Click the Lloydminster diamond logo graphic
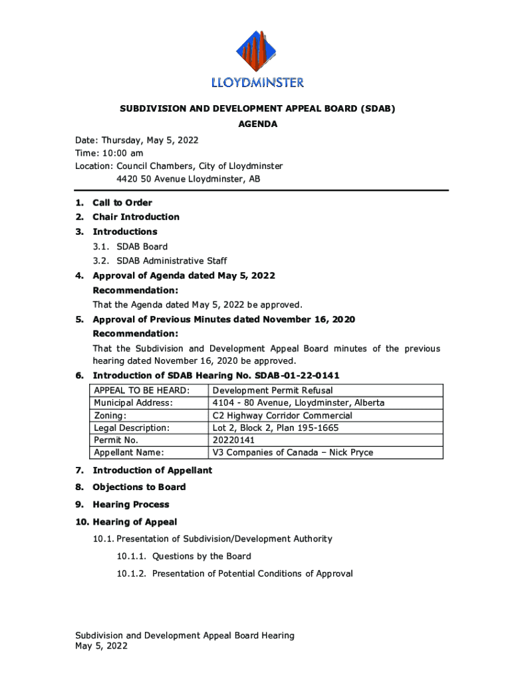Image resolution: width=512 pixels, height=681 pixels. pyautogui.click(x=257, y=52)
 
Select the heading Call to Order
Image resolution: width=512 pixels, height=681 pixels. pyautogui.click(x=122, y=203)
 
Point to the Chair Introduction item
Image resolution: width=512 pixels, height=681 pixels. pyautogui.click(x=136, y=217)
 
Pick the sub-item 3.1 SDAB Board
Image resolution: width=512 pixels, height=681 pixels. pyautogui.click(x=142, y=246)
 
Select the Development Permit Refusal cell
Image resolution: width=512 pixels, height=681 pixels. pyautogui.click(x=273, y=390)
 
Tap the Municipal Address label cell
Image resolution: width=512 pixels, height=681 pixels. pyautogui.click(x=133, y=403)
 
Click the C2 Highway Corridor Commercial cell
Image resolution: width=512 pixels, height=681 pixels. pyautogui.click(x=283, y=416)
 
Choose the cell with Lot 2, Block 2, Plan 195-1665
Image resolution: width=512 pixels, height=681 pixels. pyautogui.click(x=275, y=428)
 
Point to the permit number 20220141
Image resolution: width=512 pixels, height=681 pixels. pyautogui.click(x=233, y=440)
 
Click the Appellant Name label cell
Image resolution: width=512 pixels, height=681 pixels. pyautogui.click(x=129, y=453)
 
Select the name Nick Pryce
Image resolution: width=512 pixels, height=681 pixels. pyautogui.click(x=350, y=453)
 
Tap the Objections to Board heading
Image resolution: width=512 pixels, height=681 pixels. pyautogui.click(x=139, y=487)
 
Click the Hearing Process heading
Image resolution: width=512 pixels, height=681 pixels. pyautogui.click(x=131, y=504)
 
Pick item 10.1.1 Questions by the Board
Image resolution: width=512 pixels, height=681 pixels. pyautogui.click(x=201, y=556)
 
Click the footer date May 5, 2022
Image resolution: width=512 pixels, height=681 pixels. pyautogui.click(x=101, y=646)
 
